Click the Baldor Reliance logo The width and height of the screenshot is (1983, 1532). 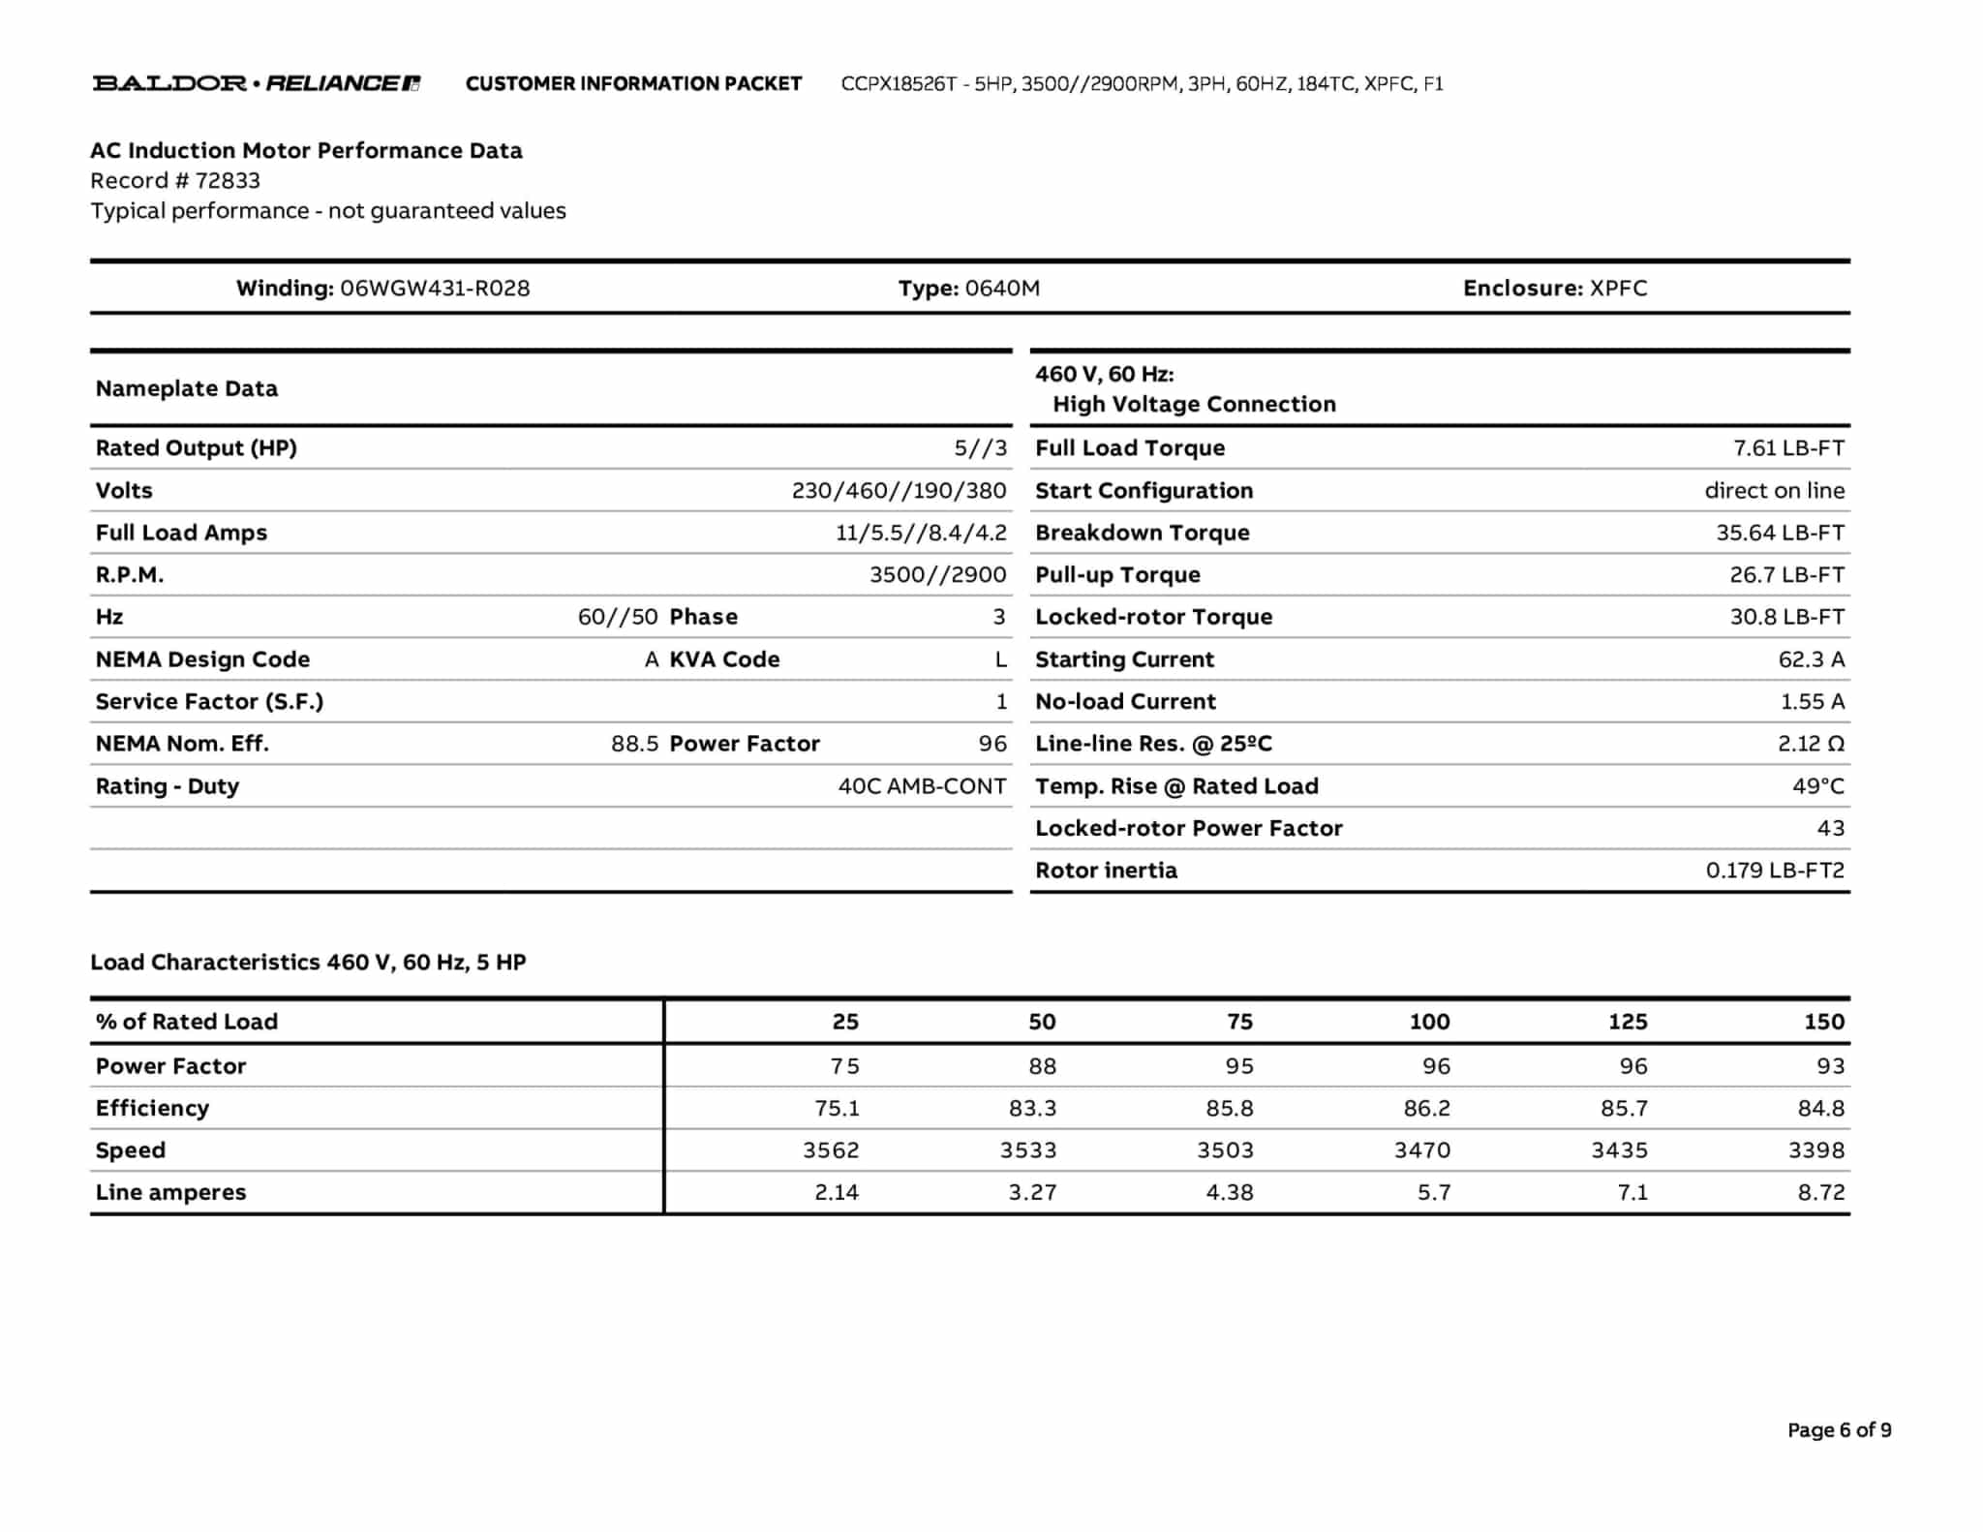(256, 83)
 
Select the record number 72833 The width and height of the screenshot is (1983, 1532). (228, 181)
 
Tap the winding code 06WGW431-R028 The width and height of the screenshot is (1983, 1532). (435, 289)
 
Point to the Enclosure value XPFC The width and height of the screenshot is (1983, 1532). (1618, 289)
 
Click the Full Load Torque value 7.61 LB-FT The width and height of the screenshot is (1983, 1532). (1788, 448)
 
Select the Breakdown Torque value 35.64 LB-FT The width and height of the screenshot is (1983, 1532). (1780, 533)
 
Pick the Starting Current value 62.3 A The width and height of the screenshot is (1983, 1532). (1811, 659)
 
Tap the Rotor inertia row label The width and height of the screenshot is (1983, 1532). (1106, 871)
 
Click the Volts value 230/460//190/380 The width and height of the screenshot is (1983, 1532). (899, 491)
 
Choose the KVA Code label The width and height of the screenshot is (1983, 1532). (724, 659)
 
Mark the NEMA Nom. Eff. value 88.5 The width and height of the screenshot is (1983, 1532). (634, 744)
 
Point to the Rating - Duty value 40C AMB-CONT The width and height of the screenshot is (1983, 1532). (922, 786)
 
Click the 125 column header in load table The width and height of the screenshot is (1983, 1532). (1628, 1022)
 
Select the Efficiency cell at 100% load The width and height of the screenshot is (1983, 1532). (1426, 1108)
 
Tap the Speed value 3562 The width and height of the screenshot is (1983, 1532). (831, 1150)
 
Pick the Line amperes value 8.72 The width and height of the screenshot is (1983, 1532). (1820, 1193)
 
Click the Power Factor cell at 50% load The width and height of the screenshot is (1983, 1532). (1042, 1066)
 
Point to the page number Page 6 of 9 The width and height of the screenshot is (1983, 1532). (1839, 1430)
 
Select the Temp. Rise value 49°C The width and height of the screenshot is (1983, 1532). (1817, 786)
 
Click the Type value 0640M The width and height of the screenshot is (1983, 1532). (1002, 289)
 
